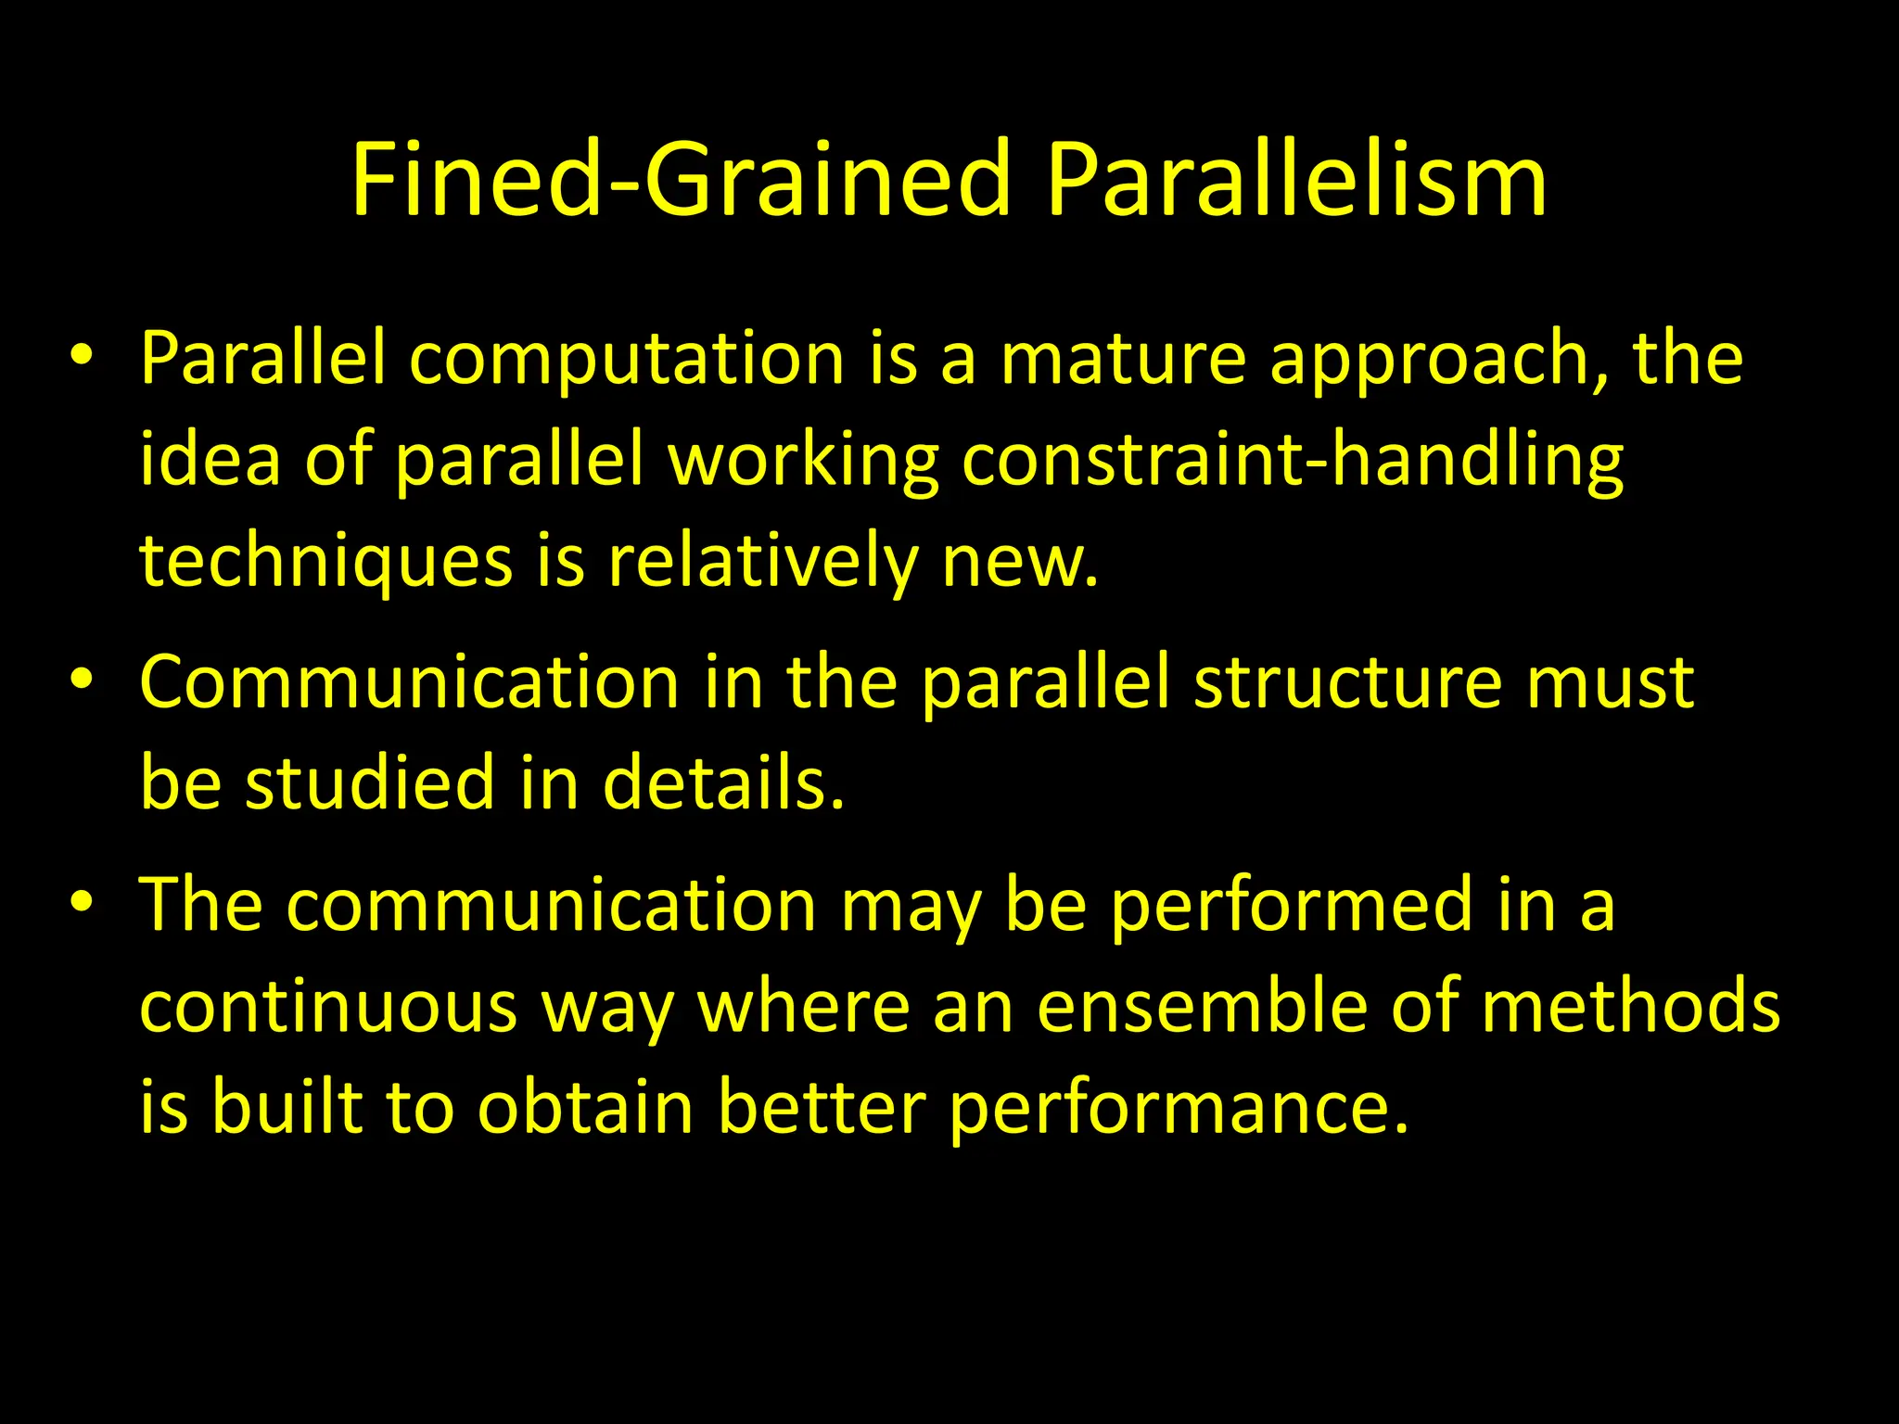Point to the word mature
tap(1123, 360)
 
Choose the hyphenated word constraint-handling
tap(1292, 462)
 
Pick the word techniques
tap(325, 563)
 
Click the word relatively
tap(761, 563)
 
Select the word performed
tap(1292, 906)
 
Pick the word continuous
tap(328, 1007)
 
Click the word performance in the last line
tap(1179, 1109)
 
